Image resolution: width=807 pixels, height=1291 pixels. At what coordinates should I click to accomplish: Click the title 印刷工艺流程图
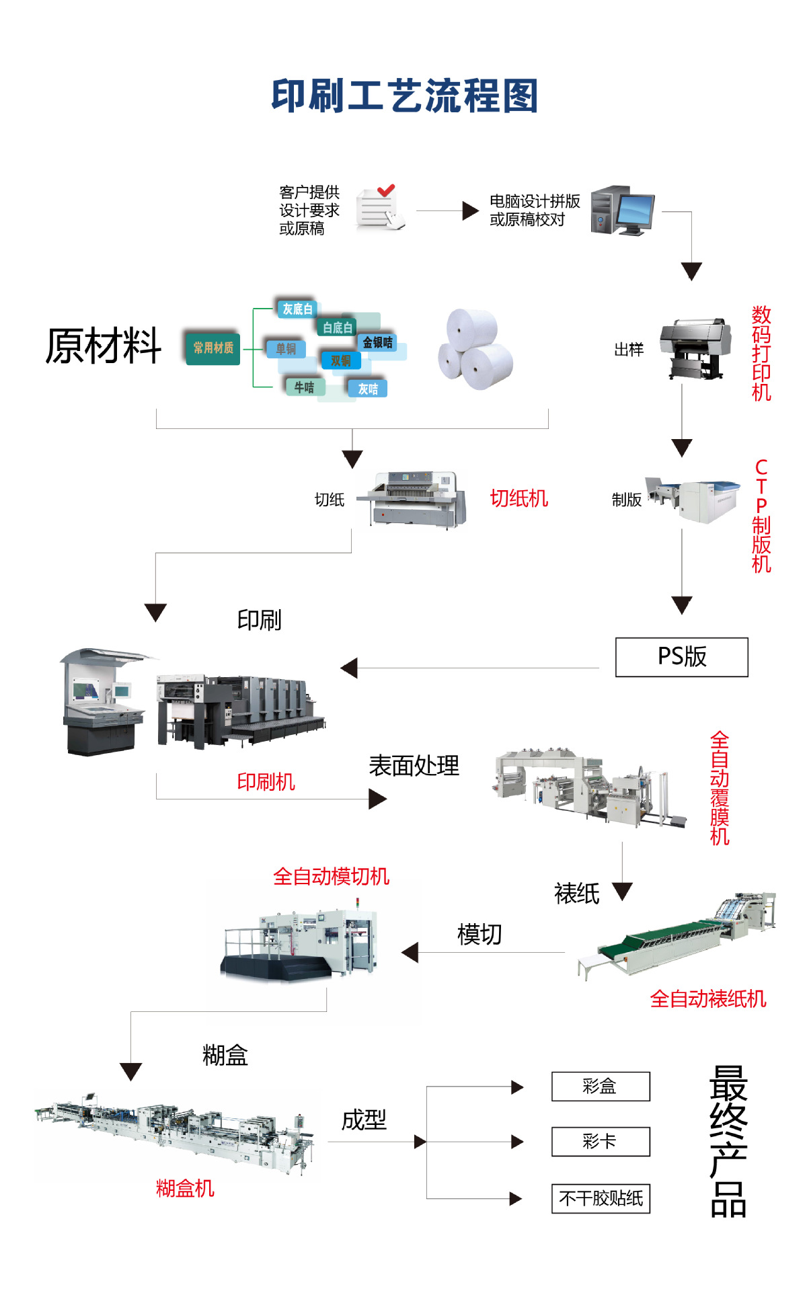click(x=404, y=96)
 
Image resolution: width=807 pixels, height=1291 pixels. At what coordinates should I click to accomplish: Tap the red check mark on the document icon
click(x=385, y=191)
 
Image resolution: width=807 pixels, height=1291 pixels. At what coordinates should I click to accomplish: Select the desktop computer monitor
click(x=636, y=212)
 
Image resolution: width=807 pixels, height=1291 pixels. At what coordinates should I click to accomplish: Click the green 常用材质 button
click(x=213, y=348)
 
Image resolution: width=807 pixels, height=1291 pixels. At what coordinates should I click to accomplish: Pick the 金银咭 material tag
click(x=377, y=342)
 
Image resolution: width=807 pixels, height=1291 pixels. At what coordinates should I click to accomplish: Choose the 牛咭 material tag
click(x=304, y=387)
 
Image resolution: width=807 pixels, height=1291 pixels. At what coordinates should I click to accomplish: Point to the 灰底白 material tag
click(x=297, y=309)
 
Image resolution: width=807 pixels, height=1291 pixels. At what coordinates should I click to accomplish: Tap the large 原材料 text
click(x=104, y=346)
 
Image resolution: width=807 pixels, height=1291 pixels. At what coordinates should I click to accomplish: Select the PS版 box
click(x=681, y=657)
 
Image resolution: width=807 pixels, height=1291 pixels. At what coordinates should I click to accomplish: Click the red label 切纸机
click(x=518, y=498)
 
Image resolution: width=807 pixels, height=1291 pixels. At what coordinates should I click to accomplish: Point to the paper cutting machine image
click(x=412, y=500)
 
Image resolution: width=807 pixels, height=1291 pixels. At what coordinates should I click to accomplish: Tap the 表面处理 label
click(x=414, y=766)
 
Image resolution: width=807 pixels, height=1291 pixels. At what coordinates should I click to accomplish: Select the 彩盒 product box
click(x=601, y=1086)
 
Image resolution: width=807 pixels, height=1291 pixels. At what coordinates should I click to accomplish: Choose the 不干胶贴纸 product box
click(x=601, y=1198)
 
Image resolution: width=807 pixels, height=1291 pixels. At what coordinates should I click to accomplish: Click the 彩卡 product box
click(x=601, y=1142)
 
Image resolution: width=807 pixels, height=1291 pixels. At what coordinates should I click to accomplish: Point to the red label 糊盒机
click(x=185, y=1188)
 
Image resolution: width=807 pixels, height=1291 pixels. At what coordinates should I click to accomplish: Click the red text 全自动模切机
click(x=331, y=876)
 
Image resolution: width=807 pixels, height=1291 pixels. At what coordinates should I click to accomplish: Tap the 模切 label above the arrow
click(x=479, y=934)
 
